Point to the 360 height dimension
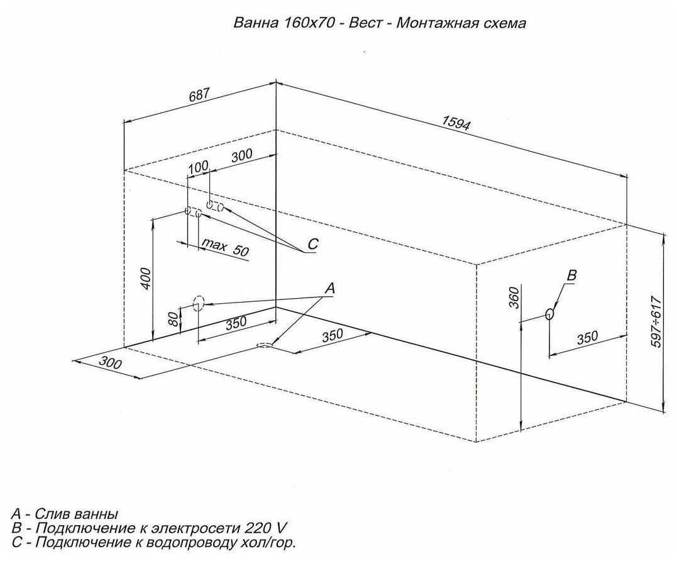[x=513, y=297]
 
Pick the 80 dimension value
[x=173, y=318]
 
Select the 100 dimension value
[x=197, y=167]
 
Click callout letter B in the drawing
[x=571, y=275]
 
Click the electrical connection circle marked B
[x=549, y=314]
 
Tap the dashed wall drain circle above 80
[x=198, y=304]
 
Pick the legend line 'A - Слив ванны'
[x=65, y=513]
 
